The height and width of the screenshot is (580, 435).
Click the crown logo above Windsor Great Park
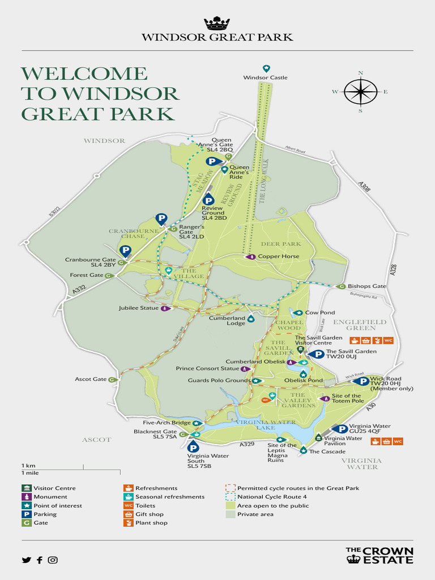217,23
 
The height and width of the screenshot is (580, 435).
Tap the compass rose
360,92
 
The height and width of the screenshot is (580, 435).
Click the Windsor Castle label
265,78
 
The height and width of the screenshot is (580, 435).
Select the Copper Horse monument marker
251,257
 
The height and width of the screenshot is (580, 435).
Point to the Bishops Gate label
366,286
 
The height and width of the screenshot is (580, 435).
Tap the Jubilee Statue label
139,309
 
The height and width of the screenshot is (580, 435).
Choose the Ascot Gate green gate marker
112,379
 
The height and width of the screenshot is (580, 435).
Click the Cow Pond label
320,313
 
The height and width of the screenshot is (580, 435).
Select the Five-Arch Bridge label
167,423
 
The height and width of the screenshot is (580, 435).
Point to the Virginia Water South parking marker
193,446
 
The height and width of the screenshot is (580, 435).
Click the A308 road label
364,187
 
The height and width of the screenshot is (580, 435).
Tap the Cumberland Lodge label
227,321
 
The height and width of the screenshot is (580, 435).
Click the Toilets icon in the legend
129,506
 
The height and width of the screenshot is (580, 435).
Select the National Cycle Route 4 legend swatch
230,497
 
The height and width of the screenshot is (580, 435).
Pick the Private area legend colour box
230,514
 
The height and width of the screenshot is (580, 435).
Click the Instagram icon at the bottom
53,560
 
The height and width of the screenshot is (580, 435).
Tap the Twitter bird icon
26,560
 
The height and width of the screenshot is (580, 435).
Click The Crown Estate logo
379,555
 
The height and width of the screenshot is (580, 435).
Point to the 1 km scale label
28,465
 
